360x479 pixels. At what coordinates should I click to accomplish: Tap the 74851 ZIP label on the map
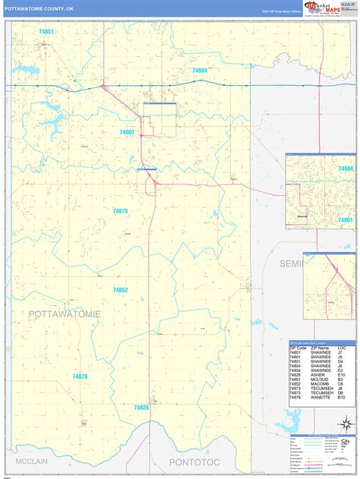pyautogui.click(x=46, y=32)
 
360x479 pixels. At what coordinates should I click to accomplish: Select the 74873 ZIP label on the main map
pyautogui.click(x=120, y=211)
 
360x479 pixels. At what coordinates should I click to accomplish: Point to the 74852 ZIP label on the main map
pyautogui.click(x=120, y=290)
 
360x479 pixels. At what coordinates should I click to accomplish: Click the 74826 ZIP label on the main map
pyautogui.click(x=141, y=408)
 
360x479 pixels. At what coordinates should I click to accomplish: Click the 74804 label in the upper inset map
pyautogui.click(x=346, y=169)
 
